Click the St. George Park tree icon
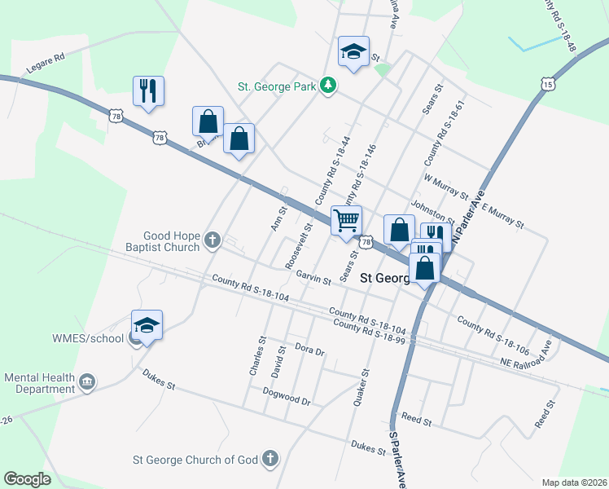[327, 85]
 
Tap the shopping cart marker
[347, 220]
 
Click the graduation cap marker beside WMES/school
[147, 324]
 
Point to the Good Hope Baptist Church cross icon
[212, 240]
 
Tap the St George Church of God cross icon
[270, 460]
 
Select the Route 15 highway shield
[548, 84]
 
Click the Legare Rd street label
[47, 59]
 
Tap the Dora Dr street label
[309, 351]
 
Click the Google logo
[27, 479]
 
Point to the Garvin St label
[313, 280]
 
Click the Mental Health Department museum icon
[88, 381]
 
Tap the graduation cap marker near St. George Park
[353, 53]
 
